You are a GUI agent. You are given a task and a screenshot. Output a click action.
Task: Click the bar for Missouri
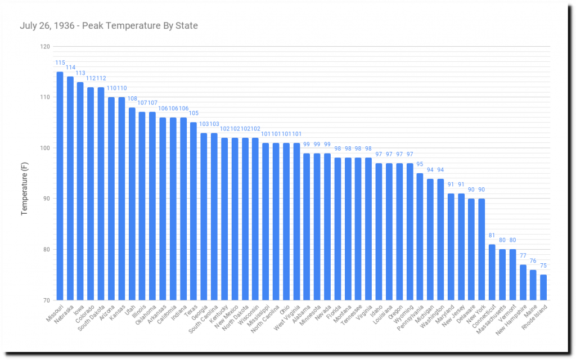click(x=60, y=186)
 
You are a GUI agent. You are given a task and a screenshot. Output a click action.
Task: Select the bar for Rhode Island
click(x=543, y=287)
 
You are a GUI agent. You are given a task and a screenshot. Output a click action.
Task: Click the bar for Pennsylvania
click(x=419, y=236)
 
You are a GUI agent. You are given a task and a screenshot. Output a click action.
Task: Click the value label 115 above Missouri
click(x=60, y=62)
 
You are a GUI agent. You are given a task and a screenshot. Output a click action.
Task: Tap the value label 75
click(x=543, y=265)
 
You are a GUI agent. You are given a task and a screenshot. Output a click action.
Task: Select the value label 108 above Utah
click(x=132, y=98)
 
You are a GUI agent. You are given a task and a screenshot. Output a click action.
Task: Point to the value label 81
click(x=492, y=235)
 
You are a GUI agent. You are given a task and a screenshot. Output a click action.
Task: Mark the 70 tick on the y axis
click(x=45, y=300)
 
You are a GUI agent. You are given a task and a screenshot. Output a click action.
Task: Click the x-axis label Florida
click(x=333, y=309)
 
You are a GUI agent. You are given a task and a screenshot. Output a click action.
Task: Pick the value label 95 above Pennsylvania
click(x=419, y=164)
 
